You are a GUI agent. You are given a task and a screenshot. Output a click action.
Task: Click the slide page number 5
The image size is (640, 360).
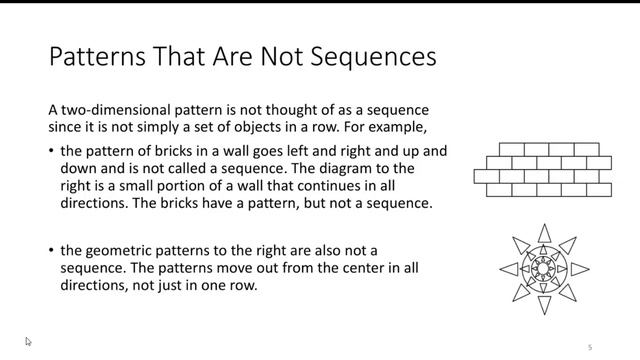click(x=590, y=347)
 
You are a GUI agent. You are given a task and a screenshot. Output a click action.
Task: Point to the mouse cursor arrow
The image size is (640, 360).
click(x=28, y=341)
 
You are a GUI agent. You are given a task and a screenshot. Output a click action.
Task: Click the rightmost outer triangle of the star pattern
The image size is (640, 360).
click(x=579, y=269)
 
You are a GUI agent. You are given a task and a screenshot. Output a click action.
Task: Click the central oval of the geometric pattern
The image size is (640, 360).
click(x=543, y=269)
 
